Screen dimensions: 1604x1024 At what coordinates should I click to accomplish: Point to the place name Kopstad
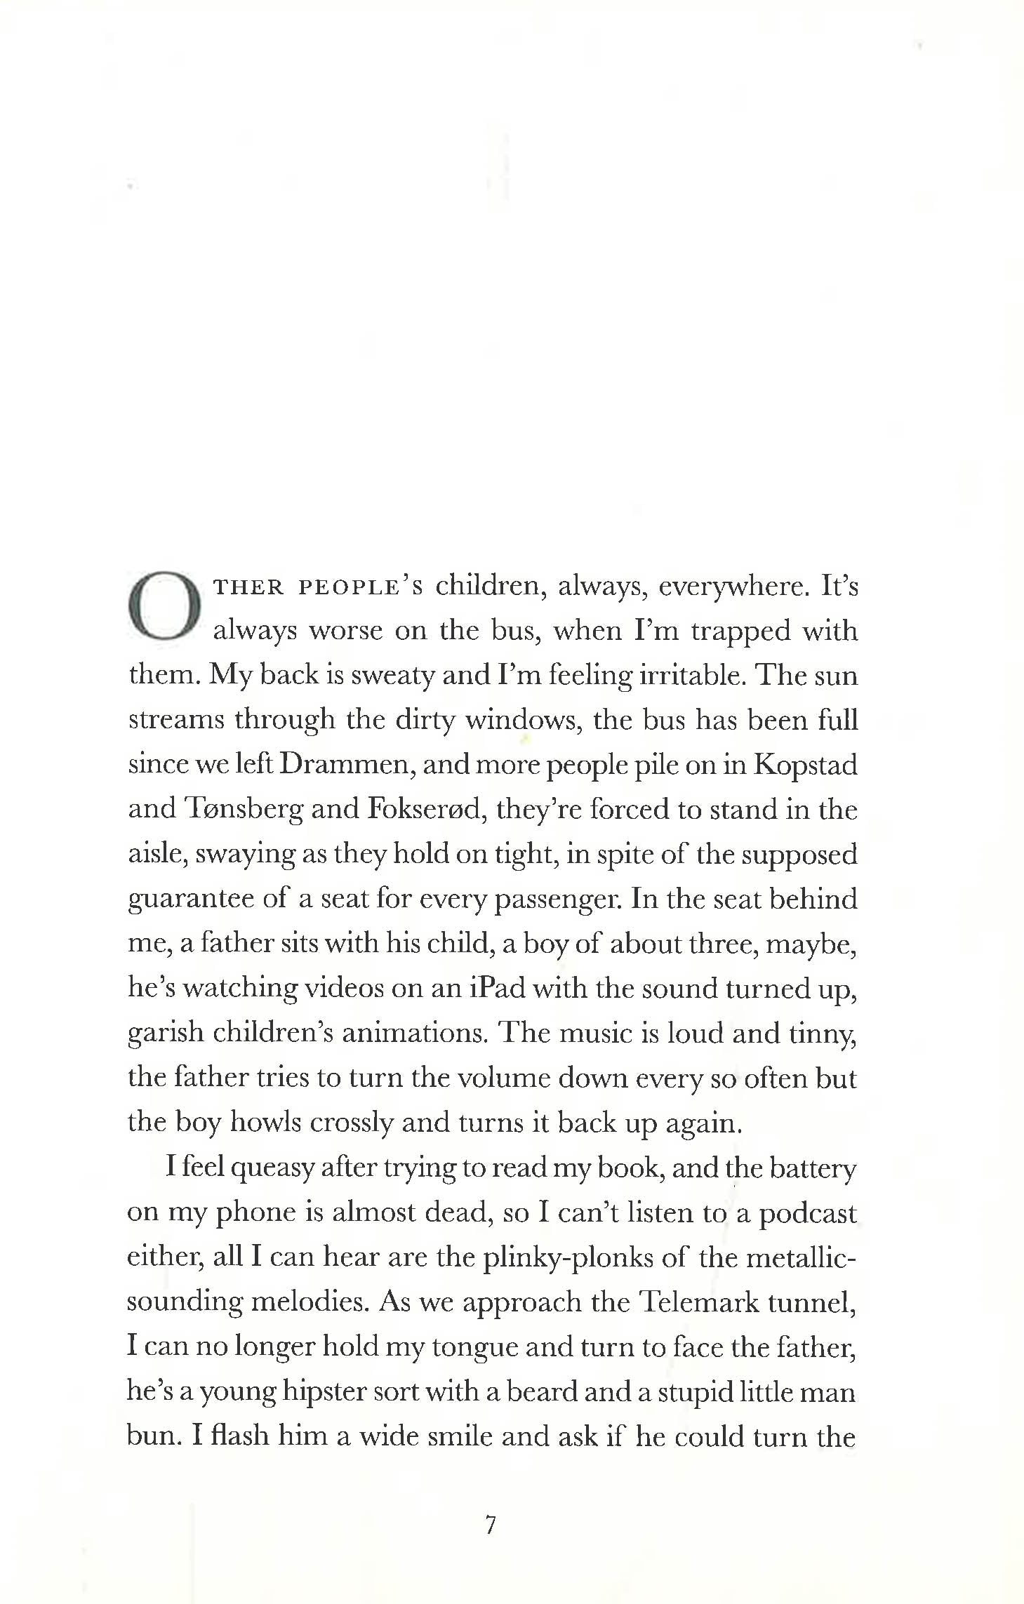[805, 765]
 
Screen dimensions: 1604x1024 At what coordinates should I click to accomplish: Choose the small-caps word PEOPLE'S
[361, 587]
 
